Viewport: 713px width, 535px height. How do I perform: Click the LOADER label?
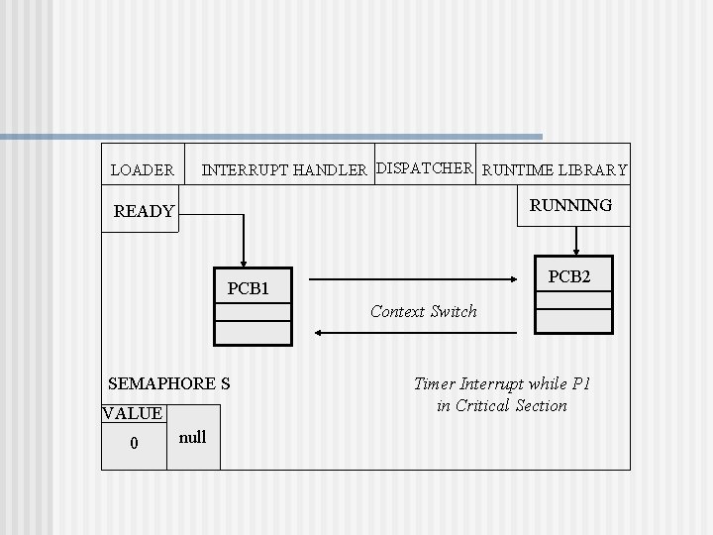pos(142,170)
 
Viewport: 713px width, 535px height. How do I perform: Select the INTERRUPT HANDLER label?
pos(284,170)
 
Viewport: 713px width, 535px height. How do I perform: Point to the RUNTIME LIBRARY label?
pos(555,170)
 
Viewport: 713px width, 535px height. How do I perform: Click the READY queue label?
pos(144,211)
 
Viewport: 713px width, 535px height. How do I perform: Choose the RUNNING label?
pos(570,206)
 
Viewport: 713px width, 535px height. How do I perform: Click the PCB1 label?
pos(249,289)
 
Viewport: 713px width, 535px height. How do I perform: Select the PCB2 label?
pos(569,277)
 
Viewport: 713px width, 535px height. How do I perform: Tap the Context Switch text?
pos(423,311)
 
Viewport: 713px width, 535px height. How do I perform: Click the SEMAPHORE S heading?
pos(168,383)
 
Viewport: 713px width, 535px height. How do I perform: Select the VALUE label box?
pos(133,413)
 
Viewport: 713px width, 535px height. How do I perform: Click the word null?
pos(193,437)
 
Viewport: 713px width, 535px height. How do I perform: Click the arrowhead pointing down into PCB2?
pos(576,249)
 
